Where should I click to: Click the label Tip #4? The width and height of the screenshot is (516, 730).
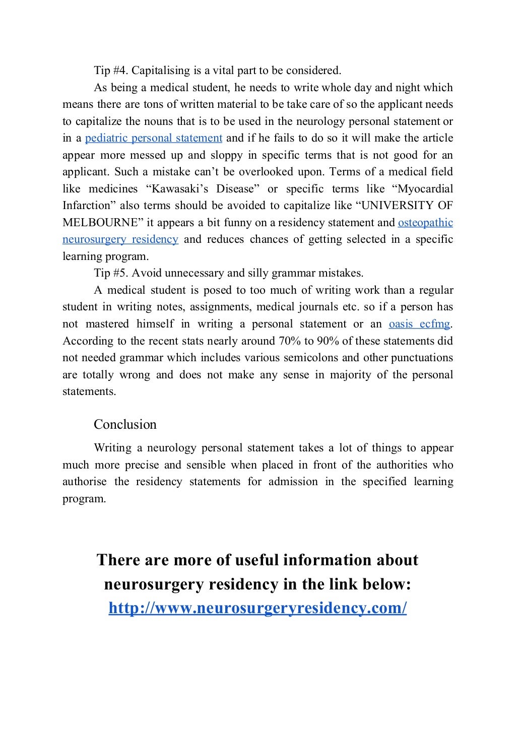110,71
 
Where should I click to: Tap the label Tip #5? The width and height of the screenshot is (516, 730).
110,273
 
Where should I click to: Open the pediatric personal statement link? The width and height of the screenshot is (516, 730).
154,138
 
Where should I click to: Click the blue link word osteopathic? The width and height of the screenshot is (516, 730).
425,222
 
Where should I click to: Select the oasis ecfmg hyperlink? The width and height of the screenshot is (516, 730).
419,324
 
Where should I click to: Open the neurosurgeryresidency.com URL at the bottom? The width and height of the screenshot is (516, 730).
257,608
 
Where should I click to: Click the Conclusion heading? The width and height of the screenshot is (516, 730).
125,424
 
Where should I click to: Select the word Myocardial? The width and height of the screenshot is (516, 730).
425,189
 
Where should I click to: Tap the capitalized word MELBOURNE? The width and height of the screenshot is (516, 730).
100,222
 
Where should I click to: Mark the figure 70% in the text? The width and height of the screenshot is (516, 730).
289,341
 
